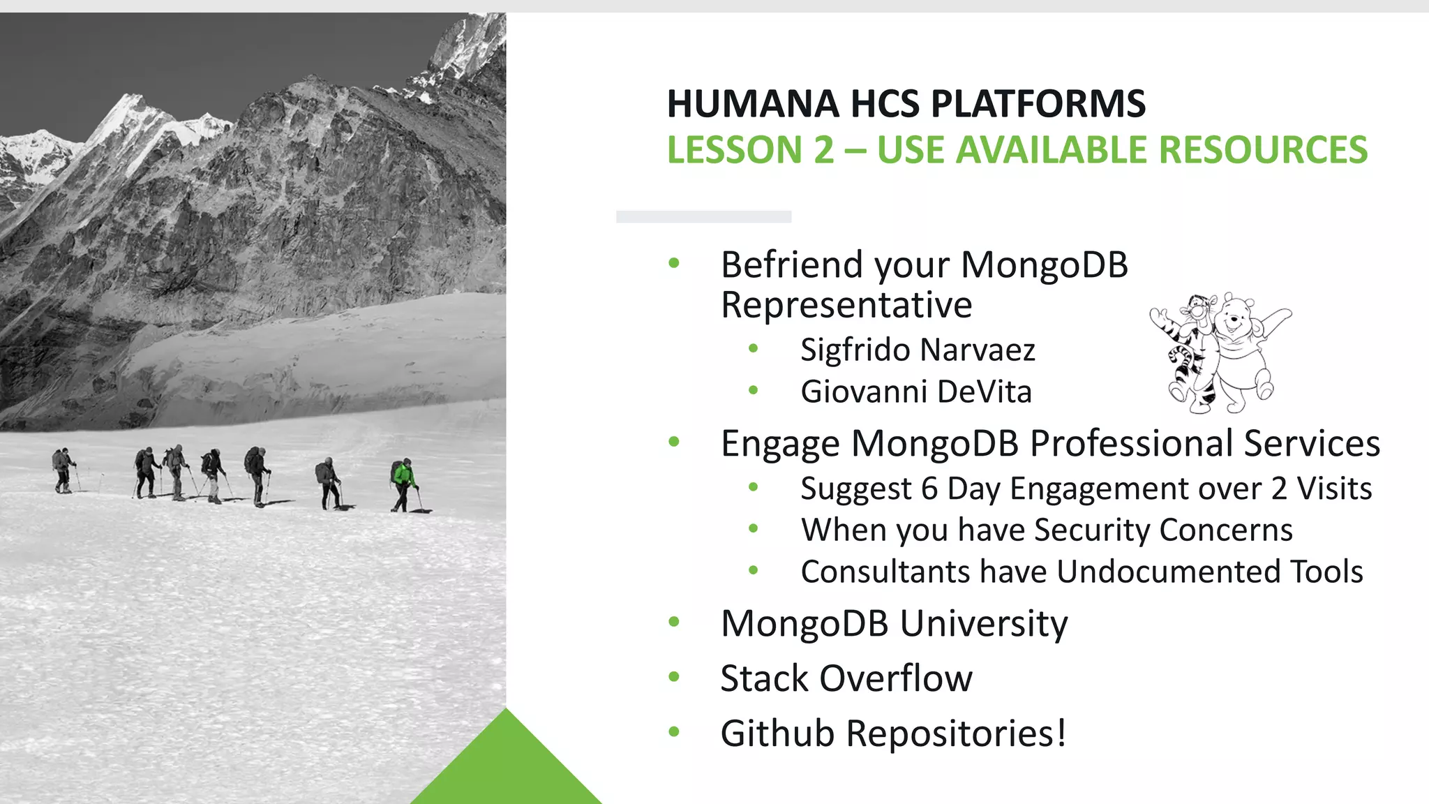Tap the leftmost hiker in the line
coord(63,470)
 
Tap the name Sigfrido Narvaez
coord(917,350)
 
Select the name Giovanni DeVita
coord(915,392)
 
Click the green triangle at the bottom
coord(506,768)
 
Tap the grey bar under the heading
coord(703,217)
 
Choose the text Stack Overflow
coord(846,678)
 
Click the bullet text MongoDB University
coord(894,623)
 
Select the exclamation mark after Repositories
coord(1061,733)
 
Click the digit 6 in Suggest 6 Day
coord(929,489)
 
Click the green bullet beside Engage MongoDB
coord(673,442)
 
